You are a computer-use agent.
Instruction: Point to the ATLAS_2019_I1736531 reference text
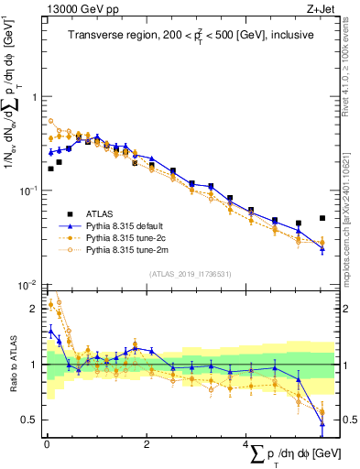190,274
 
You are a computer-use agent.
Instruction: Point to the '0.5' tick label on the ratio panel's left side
30,420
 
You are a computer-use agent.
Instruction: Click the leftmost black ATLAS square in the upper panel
51,169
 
